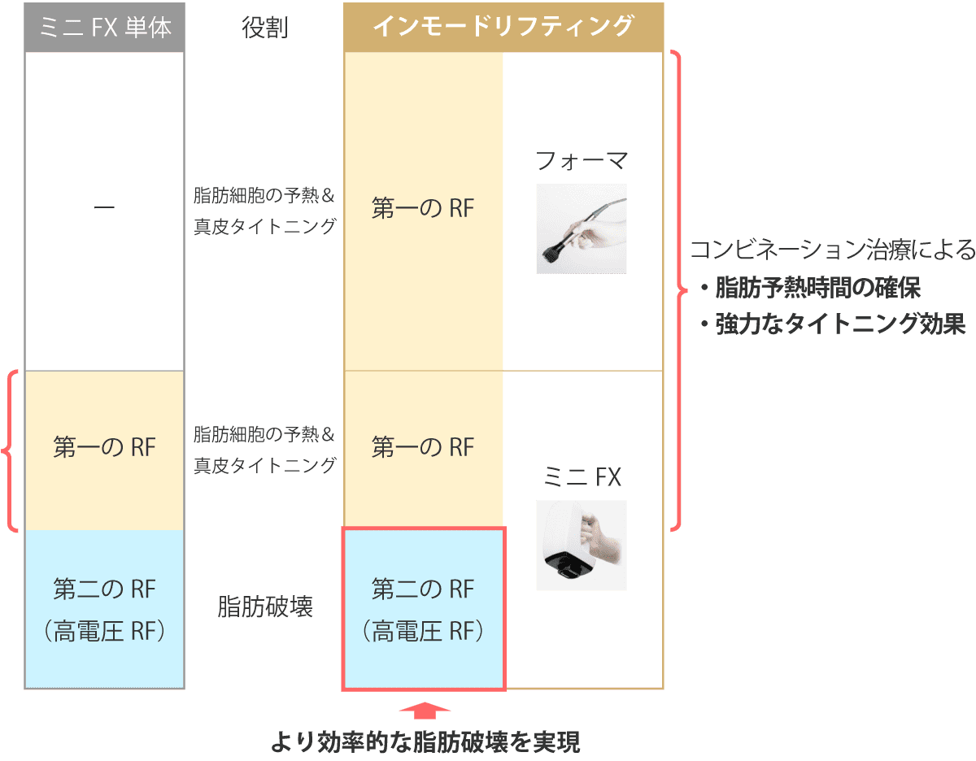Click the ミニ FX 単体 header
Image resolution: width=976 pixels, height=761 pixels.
tap(104, 28)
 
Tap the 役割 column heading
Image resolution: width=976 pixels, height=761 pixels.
tap(265, 28)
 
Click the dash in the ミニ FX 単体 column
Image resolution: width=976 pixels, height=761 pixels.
tap(104, 209)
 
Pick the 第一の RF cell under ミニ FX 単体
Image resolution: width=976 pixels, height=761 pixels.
tap(104, 448)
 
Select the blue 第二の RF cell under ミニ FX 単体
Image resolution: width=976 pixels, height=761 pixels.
tap(104, 608)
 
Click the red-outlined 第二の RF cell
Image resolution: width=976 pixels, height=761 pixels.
tap(423, 608)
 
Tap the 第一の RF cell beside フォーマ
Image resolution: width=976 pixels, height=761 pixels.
tap(423, 209)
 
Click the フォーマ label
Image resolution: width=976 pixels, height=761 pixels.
tap(581, 161)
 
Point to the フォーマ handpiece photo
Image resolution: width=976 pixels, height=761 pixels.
tap(581, 228)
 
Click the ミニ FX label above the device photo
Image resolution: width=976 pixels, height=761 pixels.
tap(581, 476)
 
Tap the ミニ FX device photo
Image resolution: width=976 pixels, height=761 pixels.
tap(581, 545)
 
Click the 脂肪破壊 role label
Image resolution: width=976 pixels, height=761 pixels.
tap(265, 607)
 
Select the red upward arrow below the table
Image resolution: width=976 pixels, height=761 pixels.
tap(425, 711)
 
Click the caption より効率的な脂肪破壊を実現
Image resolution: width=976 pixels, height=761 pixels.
tap(425, 742)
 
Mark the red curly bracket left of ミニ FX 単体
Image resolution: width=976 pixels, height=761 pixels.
tap(10, 450)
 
